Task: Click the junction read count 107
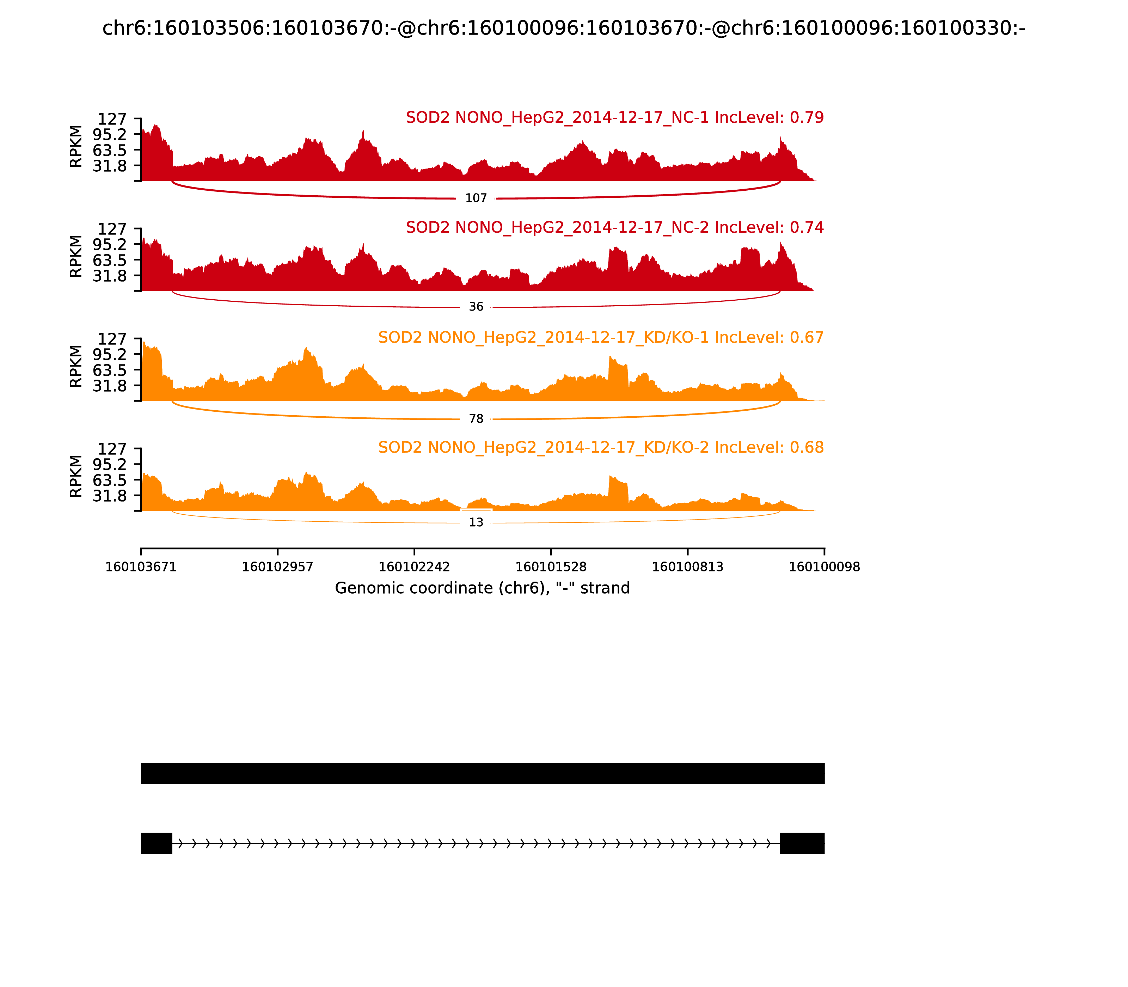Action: (476, 198)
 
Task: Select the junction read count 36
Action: (476, 307)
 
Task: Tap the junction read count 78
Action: (476, 419)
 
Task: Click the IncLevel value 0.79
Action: (807, 118)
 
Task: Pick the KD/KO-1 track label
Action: (600, 338)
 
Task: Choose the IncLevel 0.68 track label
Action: (600, 447)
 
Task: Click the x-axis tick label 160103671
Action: (141, 567)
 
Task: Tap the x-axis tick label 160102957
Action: (278, 567)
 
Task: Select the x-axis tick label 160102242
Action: (414, 567)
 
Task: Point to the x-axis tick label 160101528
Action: (551, 567)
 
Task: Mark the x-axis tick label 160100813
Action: (687, 567)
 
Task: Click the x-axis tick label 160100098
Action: (824, 567)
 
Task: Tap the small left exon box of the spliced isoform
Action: (157, 843)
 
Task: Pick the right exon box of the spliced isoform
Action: (802, 843)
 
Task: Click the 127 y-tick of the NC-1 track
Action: (112, 119)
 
